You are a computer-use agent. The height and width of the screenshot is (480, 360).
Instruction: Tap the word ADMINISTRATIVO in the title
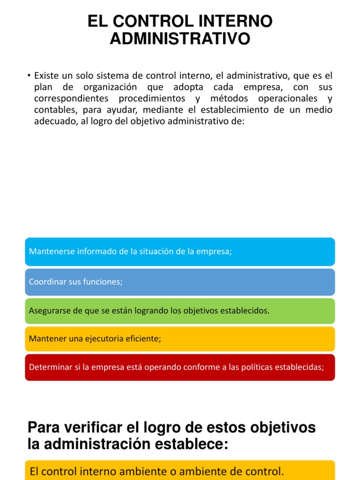click(180, 39)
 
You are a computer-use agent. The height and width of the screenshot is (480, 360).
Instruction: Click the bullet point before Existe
click(29, 75)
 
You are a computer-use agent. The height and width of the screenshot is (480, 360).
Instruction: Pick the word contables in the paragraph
click(52, 110)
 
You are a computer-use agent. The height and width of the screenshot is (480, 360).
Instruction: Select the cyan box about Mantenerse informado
click(180, 252)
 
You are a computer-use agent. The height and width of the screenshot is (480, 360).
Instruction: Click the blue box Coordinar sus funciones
click(180, 282)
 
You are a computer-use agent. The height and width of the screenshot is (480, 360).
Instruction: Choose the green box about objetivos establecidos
click(180, 311)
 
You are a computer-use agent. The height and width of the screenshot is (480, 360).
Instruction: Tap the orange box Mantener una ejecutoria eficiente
click(180, 338)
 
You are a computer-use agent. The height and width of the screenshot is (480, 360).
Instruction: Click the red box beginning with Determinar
click(180, 367)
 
